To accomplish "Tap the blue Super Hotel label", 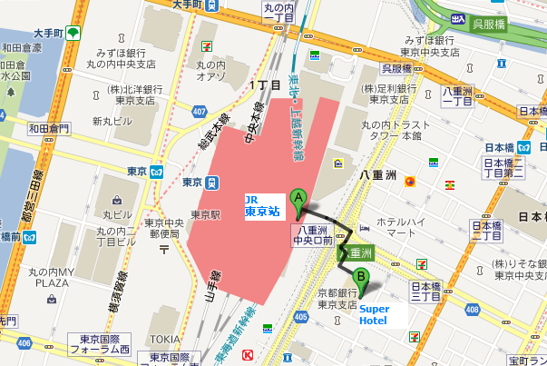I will pyautogui.click(x=374, y=314).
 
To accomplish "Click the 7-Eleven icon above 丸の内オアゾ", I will pyautogui.click(x=208, y=45).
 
